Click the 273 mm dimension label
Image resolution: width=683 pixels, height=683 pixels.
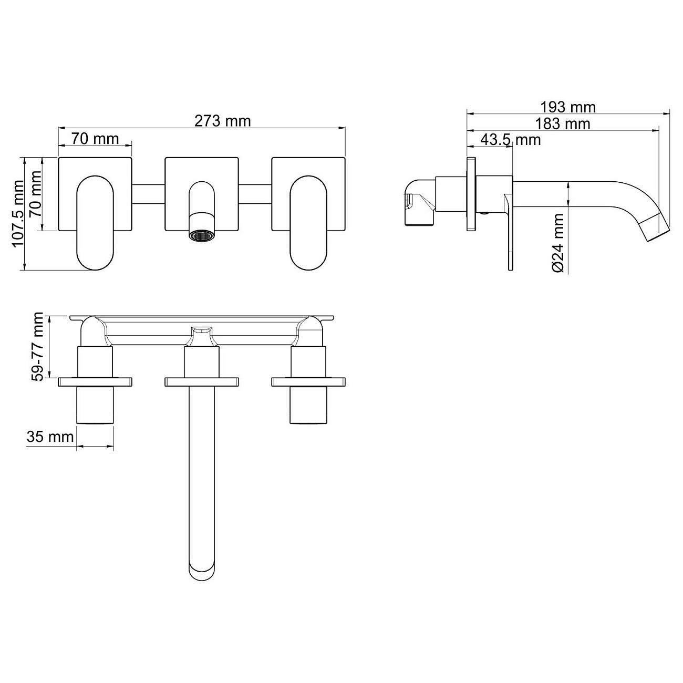pos(222,121)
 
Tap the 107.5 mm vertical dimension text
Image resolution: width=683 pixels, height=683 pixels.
pos(18,214)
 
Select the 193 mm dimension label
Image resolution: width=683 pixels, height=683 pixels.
pos(568,107)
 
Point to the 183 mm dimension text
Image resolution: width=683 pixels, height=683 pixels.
pos(563,124)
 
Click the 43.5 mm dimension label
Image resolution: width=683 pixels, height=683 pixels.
pos(511,140)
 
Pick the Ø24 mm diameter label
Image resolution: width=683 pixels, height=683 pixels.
pos(558,243)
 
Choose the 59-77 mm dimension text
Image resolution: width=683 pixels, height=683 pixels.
pos(37,347)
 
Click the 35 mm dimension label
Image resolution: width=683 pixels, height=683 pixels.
pos(50,437)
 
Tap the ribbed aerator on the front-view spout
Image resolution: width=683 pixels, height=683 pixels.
pos(202,236)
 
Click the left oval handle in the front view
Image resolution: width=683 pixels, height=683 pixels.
pos(96,223)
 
